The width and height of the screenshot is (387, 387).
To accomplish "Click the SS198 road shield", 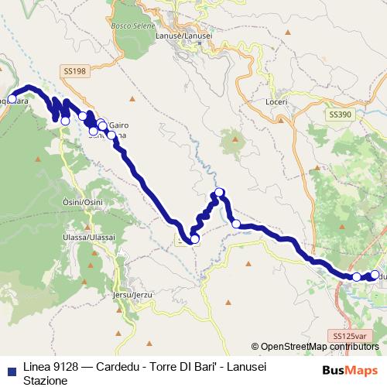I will pyautogui.click(x=74, y=70).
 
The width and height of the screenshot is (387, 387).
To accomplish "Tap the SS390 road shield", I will pyautogui.click(x=340, y=114).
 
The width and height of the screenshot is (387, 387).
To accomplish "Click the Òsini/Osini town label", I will pyautogui.click(x=82, y=201).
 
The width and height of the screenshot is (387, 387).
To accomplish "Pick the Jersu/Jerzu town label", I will pyautogui.click(x=128, y=295).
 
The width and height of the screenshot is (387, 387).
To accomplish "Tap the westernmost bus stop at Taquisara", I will pyautogui.click(x=12, y=98).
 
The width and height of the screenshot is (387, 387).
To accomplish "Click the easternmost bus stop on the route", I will pyautogui.click(x=375, y=275).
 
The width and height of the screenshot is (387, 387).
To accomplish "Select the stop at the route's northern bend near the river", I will pyautogui.click(x=219, y=192).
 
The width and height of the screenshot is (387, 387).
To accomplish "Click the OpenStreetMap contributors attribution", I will pyautogui.click(x=314, y=346).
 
